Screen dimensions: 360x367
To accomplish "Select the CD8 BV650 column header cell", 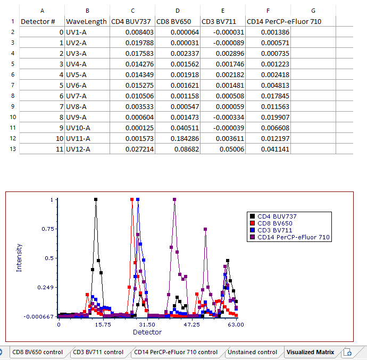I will coord(177,21).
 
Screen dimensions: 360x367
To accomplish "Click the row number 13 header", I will coord(12,149).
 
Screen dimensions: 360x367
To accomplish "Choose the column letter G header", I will coord(313,10).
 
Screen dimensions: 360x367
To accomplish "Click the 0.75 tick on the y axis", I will coord(48,229).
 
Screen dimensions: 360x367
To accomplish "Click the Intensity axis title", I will coord(20,258).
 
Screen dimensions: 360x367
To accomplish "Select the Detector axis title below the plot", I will coord(147,332).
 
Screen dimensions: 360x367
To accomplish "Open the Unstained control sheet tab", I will coord(252,352).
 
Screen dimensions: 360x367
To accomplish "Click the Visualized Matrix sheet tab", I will coord(310,352).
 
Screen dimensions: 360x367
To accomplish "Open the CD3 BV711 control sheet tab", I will coord(98,352).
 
